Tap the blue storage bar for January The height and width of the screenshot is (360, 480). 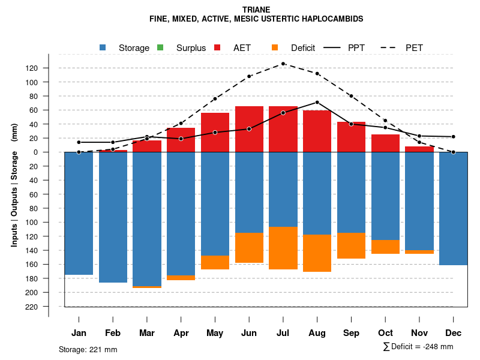coord(79,213)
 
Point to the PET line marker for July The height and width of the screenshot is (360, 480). coord(283,64)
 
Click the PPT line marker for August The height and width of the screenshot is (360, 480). coord(317,102)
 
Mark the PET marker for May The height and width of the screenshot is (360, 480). coord(215,98)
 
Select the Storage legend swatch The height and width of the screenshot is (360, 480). coord(103,47)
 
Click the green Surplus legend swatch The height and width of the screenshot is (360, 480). coord(160,47)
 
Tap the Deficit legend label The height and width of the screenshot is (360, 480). coord(303,48)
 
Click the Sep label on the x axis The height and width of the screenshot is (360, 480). coord(352,333)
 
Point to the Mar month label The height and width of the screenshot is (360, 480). coord(147,333)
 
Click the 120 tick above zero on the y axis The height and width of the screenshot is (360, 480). coord(32,68)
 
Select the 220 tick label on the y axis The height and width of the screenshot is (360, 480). coord(32,307)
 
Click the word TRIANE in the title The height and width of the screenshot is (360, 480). coord(256,10)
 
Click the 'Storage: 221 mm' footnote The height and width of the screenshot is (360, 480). coord(88,349)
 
